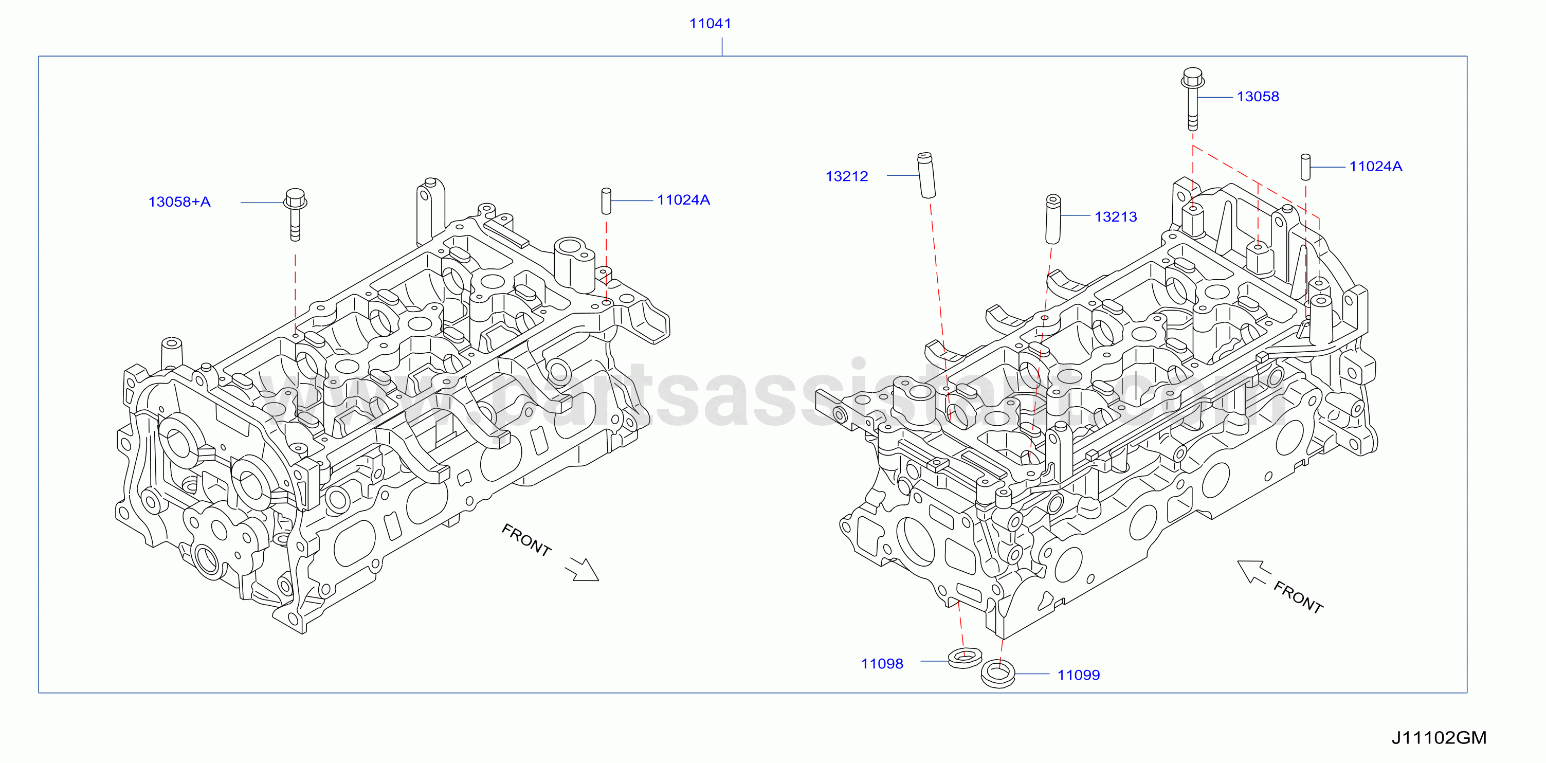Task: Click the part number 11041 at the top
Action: pos(710,24)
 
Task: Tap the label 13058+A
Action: pos(179,202)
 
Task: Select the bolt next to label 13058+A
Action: pos(295,215)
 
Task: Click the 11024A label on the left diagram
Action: pos(683,200)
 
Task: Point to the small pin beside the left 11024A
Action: pos(606,201)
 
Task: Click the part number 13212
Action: pos(847,176)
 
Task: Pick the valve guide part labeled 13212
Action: pos(926,175)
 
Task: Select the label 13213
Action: pos(1116,216)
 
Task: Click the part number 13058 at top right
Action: pos(1258,97)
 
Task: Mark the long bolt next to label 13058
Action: pos(1192,99)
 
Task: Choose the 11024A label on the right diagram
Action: pos(1375,166)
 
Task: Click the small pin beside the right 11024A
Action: pos(1305,167)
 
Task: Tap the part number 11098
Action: pos(882,664)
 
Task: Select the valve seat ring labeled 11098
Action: pos(965,658)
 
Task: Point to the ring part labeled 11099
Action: pos(998,674)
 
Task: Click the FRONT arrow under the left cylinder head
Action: pos(582,569)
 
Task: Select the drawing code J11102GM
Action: pos(1439,738)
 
